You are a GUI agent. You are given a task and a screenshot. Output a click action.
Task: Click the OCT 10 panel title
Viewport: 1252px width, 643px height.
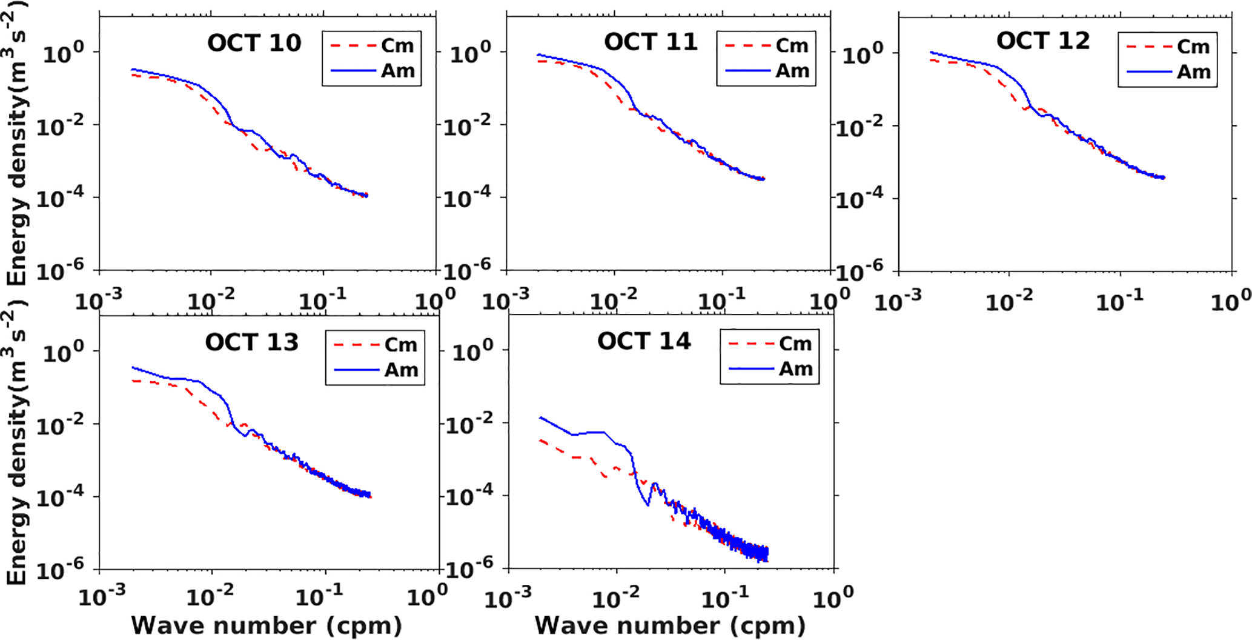[254, 44]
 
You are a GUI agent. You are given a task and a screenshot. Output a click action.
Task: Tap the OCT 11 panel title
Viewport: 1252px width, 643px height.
[651, 42]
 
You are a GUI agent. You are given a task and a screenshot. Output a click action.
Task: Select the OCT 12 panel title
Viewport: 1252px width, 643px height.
[1043, 41]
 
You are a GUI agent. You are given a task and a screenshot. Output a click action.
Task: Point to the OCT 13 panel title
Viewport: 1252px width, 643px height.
[252, 342]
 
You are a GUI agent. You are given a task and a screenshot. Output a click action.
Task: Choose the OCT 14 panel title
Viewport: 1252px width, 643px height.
[644, 341]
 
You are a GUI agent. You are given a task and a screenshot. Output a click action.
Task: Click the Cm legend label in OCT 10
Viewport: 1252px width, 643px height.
[397, 45]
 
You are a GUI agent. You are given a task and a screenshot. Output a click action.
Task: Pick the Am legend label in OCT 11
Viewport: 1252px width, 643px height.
[792, 71]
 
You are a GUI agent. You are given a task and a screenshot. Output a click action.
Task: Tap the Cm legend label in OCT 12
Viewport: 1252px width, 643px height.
[1193, 47]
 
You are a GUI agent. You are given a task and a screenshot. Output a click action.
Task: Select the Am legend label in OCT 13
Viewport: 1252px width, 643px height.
[401, 370]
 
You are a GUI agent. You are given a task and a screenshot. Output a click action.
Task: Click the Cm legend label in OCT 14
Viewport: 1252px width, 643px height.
[795, 344]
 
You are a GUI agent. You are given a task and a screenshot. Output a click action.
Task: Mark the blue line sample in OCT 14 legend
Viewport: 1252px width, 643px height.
[751, 368]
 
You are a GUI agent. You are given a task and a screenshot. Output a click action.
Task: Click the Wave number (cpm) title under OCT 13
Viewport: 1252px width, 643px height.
[267, 625]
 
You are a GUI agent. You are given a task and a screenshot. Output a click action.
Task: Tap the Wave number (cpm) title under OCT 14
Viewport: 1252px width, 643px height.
[670, 625]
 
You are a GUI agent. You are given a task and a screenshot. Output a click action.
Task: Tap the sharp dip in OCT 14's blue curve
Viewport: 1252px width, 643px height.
[648, 505]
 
